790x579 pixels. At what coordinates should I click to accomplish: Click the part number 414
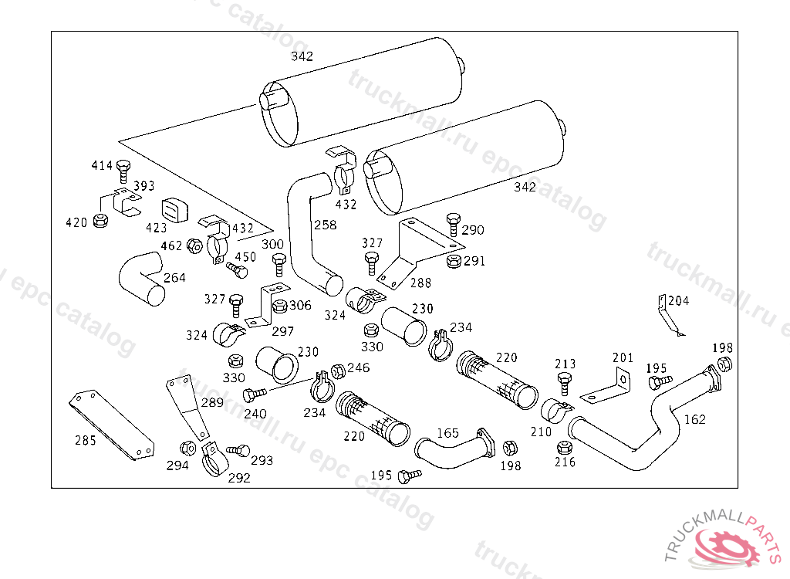tap(102, 165)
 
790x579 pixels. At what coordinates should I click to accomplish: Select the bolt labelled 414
tap(123, 171)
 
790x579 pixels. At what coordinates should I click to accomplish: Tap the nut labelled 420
tap(101, 220)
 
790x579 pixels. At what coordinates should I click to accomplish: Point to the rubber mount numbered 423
tap(174, 210)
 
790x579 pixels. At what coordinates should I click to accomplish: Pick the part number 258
tap(325, 225)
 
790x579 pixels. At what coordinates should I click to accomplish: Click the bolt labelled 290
tap(454, 225)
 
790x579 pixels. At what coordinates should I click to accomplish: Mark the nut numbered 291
tap(454, 261)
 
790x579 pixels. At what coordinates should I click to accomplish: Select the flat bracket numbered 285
tap(112, 425)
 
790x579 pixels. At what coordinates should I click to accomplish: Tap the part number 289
tap(212, 402)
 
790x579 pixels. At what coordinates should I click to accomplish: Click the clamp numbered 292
tap(211, 459)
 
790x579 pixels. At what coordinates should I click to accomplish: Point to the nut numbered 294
tap(188, 448)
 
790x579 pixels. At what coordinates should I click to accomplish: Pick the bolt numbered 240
tap(255, 394)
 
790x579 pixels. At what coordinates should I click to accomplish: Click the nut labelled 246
tap(339, 371)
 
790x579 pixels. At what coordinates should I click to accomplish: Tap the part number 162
tap(695, 419)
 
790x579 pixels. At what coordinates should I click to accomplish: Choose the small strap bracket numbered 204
tap(669, 315)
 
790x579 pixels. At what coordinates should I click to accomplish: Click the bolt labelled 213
tap(564, 384)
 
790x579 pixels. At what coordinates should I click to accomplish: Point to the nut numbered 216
tap(564, 447)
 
